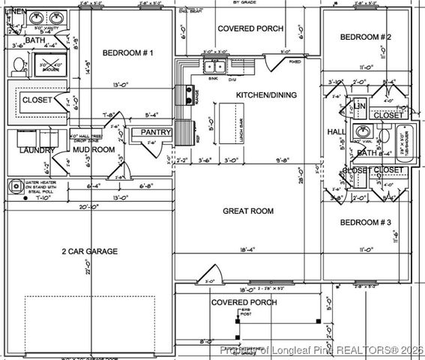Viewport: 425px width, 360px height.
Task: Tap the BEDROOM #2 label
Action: [x=366, y=37]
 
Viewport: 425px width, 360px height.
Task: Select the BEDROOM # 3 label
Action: [x=366, y=223]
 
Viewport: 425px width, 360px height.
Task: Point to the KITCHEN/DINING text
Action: [x=266, y=95]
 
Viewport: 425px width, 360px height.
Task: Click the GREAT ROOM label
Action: [x=247, y=211]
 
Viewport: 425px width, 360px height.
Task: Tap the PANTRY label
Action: [x=156, y=133]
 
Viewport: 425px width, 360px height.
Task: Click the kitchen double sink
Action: [x=215, y=67]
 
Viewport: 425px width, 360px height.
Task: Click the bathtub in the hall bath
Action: [x=397, y=139]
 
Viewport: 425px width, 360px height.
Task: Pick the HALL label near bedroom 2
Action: [x=336, y=132]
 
